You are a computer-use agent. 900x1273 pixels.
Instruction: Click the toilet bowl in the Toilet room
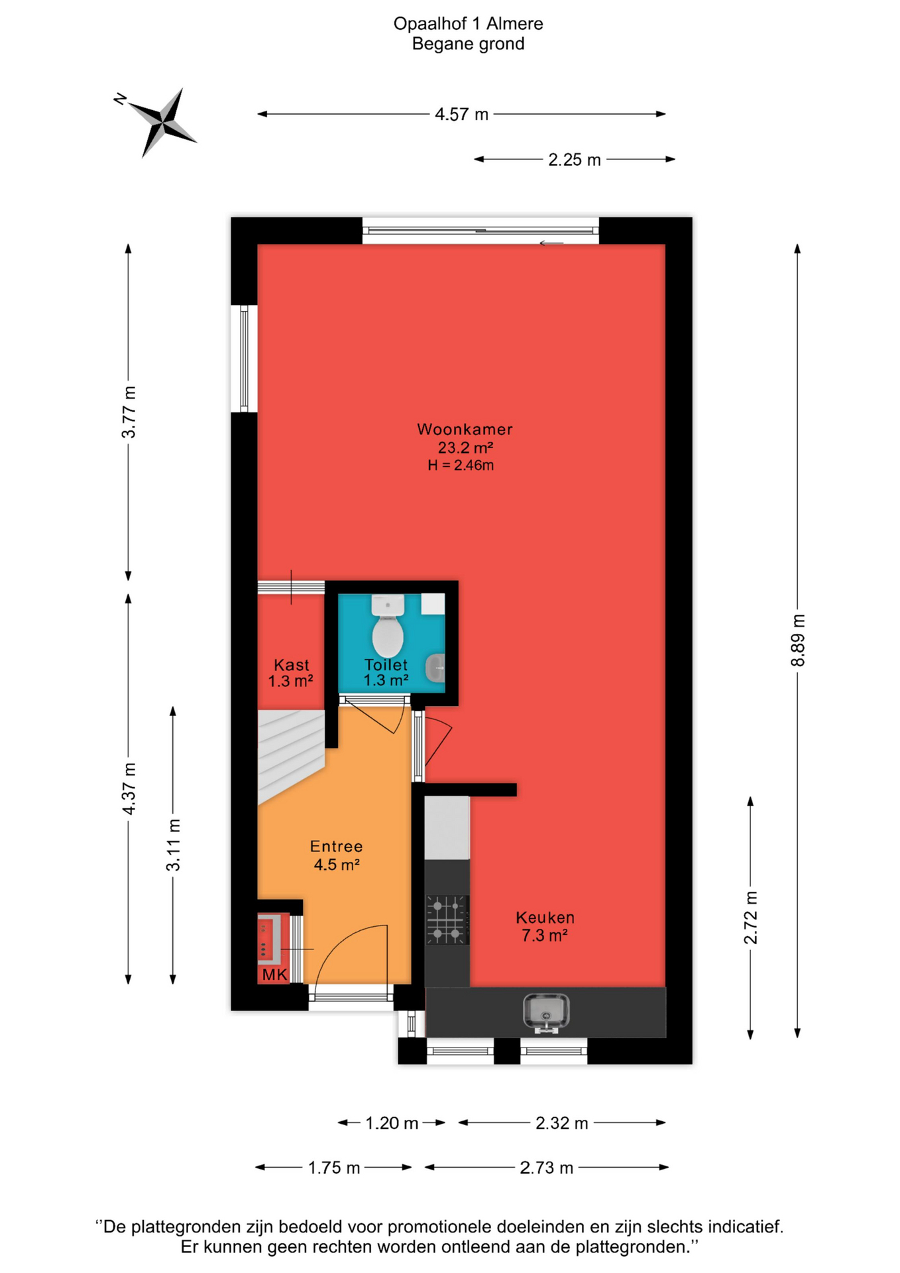[x=388, y=626]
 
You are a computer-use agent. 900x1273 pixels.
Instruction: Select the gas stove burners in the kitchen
[x=447, y=920]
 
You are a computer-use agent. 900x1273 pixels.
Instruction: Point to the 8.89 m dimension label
[x=798, y=640]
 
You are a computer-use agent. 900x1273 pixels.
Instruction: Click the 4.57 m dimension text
[x=461, y=115]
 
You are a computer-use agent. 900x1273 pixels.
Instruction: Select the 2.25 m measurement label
[x=575, y=160]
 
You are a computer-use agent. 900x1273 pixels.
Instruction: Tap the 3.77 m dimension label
[x=129, y=412]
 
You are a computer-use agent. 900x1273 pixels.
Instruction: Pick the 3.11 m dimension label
[x=173, y=845]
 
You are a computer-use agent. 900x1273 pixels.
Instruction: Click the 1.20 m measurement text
[x=392, y=1123]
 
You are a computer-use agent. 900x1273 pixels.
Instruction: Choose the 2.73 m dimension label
[x=546, y=1168]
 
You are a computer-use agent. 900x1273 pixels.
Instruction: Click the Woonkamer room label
[x=465, y=429]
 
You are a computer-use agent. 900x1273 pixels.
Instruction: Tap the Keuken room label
[x=545, y=918]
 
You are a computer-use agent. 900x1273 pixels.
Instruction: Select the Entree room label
[x=337, y=847]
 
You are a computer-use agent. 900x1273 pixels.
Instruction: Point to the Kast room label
[x=292, y=665]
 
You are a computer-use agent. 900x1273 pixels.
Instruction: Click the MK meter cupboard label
[x=274, y=975]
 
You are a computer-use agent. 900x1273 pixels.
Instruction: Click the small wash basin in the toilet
[x=435, y=668]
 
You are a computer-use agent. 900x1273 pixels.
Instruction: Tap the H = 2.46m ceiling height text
[x=461, y=465]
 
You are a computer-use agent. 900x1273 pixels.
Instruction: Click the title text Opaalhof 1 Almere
[x=468, y=24]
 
